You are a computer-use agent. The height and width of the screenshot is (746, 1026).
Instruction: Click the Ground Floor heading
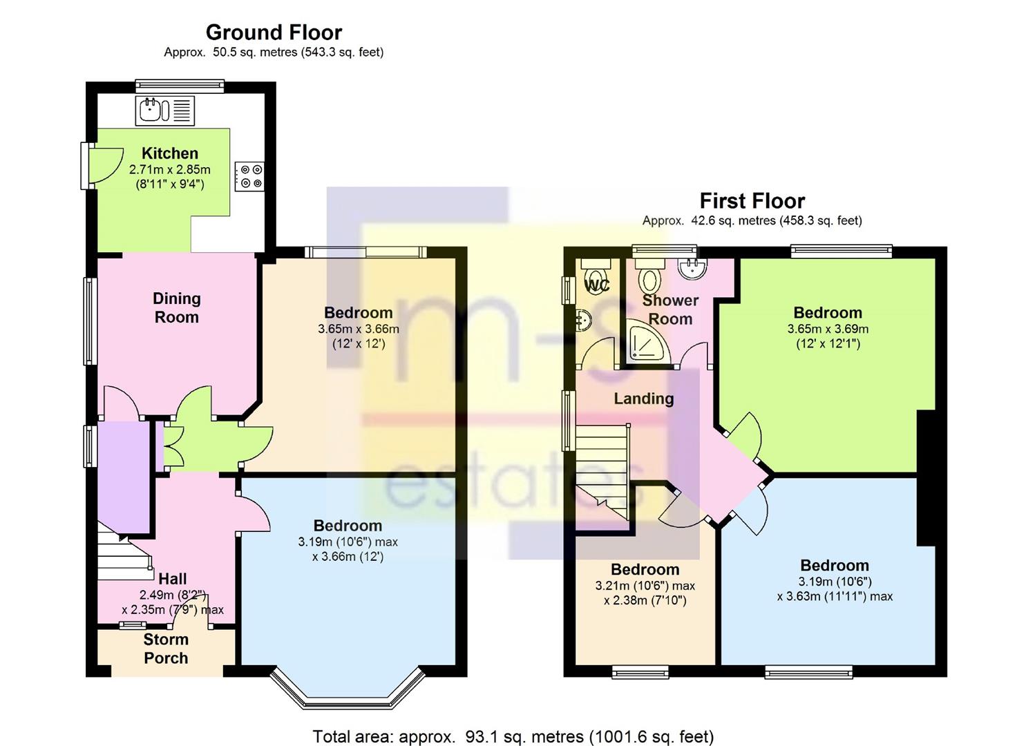[274, 32]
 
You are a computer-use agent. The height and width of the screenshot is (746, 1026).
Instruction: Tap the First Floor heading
[752, 201]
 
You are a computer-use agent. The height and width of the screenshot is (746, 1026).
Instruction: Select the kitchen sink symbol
[165, 111]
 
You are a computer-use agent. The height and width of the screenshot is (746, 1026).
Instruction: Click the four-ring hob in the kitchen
[249, 176]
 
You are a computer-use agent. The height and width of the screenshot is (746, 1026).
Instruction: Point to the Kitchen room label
[170, 153]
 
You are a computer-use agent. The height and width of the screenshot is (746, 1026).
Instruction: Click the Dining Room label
[176, 308]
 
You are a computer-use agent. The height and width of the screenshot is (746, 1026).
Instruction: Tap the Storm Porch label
[166, 649]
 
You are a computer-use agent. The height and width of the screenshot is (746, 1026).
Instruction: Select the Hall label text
[172, 579]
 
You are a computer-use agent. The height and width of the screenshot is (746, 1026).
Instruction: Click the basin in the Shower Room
[692, 268]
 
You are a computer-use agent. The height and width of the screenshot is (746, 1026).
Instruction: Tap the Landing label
[643, 399]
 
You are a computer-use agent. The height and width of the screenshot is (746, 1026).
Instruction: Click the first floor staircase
[602, 472]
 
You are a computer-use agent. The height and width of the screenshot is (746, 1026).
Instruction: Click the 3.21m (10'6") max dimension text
[645, 586]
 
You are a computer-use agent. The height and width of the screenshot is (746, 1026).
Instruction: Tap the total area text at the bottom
[513, 736]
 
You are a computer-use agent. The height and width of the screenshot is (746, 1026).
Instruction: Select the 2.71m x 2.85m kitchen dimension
[170, 169]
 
